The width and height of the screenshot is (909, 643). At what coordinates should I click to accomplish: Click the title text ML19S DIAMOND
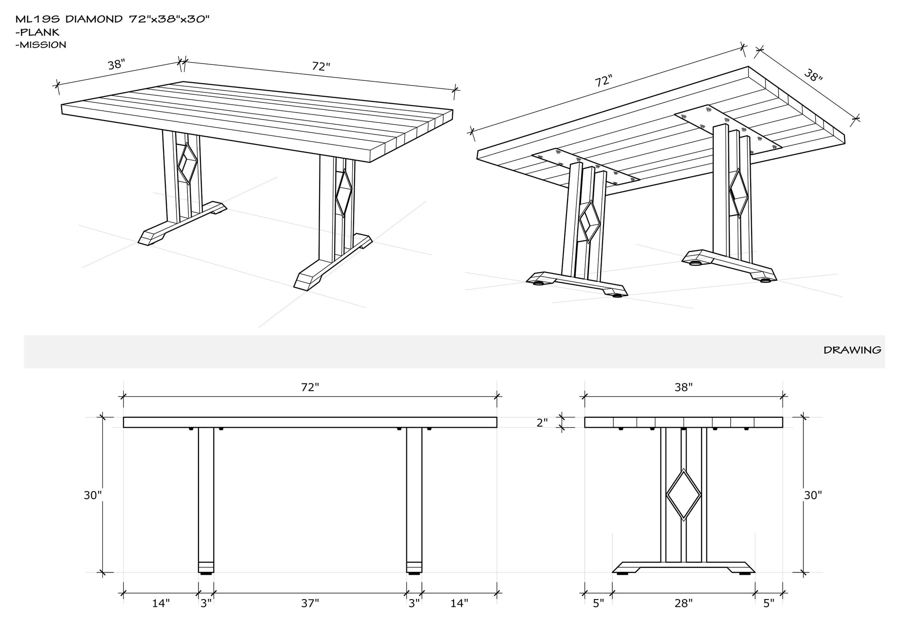pos(70,19)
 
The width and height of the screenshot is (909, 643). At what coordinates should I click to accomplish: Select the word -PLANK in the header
pos(37,32)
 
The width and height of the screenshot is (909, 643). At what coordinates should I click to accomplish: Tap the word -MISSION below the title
pos(41,45)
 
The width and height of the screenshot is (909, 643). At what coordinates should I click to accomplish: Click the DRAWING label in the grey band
pos(852,350)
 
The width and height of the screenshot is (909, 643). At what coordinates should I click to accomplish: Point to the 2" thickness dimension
pos(542,423)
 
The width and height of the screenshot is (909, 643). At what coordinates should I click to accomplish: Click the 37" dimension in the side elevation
pos(310,603)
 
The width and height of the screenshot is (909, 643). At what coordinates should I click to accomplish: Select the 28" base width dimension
pos(683,603)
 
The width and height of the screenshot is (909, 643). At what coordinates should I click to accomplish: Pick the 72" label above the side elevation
pos(310,387)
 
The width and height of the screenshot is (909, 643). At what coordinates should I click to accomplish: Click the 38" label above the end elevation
pos(683,387)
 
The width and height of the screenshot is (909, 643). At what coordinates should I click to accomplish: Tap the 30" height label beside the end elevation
pos(813,495)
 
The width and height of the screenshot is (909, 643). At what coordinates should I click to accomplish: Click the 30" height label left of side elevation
pos(92,495)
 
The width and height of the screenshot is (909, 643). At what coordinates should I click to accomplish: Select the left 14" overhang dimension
pos(161,603)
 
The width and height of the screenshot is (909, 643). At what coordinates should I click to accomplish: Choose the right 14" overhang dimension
pos(459,603)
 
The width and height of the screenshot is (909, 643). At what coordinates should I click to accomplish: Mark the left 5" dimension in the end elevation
pos(598,603)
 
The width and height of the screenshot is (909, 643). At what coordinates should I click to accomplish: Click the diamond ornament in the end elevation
pos(683,494)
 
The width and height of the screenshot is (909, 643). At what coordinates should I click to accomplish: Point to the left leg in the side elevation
pos(206,500)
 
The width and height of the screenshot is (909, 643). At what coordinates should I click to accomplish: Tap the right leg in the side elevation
pos(414,500)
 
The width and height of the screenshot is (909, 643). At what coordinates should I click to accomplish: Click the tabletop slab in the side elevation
pos(310,422)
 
